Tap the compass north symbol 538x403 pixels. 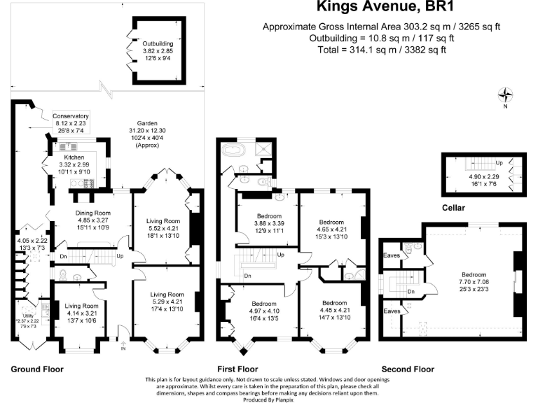tap(504, 96)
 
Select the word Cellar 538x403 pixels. tap(455, 208)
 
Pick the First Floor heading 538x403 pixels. tap(237, 369)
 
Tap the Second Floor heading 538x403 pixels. tap(407, 369)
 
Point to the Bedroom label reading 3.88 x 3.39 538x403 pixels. tap(269, 215)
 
